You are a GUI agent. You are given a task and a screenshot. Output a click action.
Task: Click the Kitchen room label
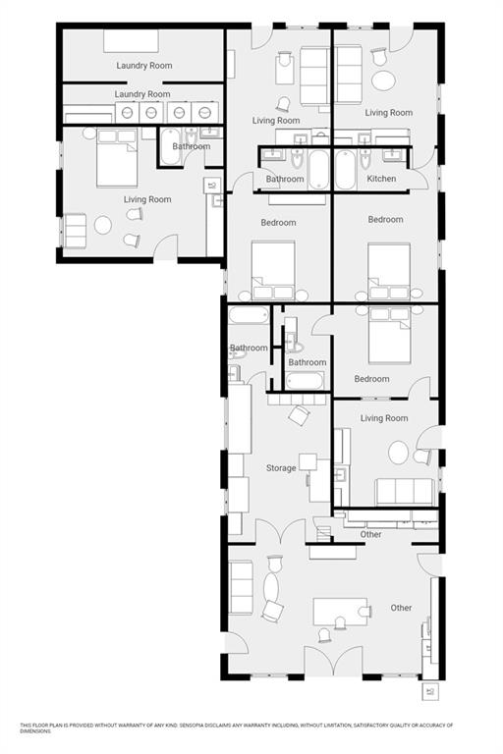click(x=381, y=179)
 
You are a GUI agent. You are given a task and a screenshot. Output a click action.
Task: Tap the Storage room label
click(x=281, y=468)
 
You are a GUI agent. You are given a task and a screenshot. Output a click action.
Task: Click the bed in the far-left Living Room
click(x=117, y=163)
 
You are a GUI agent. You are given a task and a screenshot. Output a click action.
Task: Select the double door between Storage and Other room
click(x=281, y=533)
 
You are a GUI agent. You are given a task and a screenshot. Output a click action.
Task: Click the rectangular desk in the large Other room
click(x=340, y=611)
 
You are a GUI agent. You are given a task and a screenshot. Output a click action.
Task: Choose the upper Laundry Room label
click(x=143, y=66)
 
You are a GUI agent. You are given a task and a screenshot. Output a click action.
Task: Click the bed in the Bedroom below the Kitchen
click(x=389, y=269)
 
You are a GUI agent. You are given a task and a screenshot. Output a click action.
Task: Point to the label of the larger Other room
click(x=401, y=608)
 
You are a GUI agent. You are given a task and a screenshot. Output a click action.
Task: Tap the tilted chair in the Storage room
click(x=297, y=416)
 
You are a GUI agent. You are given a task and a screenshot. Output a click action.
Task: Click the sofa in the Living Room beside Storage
click(x=404, y=491)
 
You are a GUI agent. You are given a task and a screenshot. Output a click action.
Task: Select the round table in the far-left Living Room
click(x=103, y=226)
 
